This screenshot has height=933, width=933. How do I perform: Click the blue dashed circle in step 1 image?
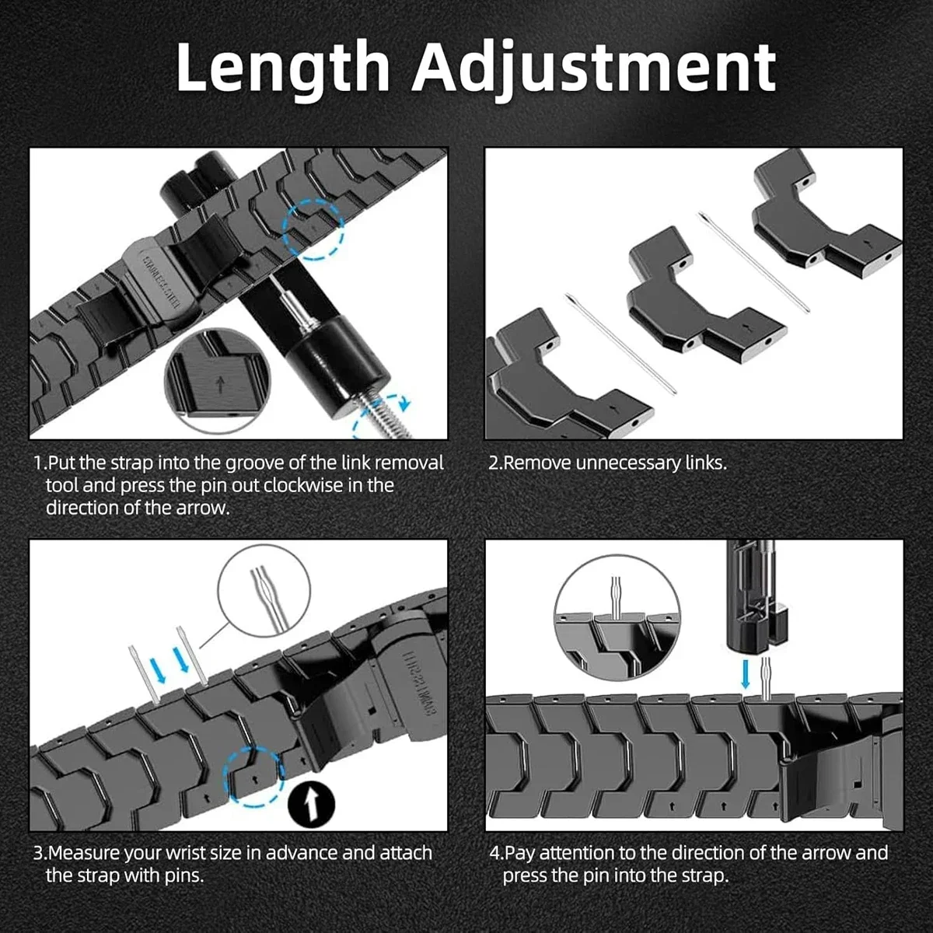(x=313, y=229)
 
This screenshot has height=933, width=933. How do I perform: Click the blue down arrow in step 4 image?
(x=746, y=672)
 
